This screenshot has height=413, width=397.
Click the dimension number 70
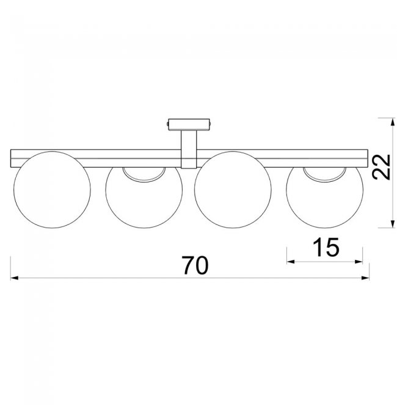[x=195, y=265]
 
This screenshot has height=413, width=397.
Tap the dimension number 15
[x=326, y=247]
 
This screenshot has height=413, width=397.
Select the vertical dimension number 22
[x=382, y=167]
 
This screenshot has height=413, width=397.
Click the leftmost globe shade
[x=52, y=190]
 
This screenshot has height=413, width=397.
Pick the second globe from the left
[x=144, y=198]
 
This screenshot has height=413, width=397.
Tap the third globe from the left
[x=233, y=190]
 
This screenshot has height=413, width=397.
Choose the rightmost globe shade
[x=325, y=198]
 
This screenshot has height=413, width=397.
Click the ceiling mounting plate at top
[x=189, y=124]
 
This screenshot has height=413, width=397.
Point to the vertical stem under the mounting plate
[x=189, y=149]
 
